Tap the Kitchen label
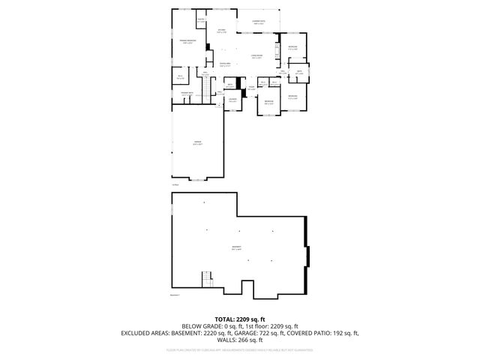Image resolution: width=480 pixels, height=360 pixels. pos(221,31)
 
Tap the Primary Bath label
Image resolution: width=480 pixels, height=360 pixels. pos(187,94)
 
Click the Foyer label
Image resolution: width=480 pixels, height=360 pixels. pos(252,88)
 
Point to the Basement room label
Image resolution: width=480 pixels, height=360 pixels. pos(237,250)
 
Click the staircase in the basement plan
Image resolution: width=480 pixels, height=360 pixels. pos(206,280)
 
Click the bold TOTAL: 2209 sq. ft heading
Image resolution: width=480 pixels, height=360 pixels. pos(239,318)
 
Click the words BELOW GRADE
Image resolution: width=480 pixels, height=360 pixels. pos(198,325)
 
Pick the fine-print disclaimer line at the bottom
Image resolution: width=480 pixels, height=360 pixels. pos(239,349)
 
